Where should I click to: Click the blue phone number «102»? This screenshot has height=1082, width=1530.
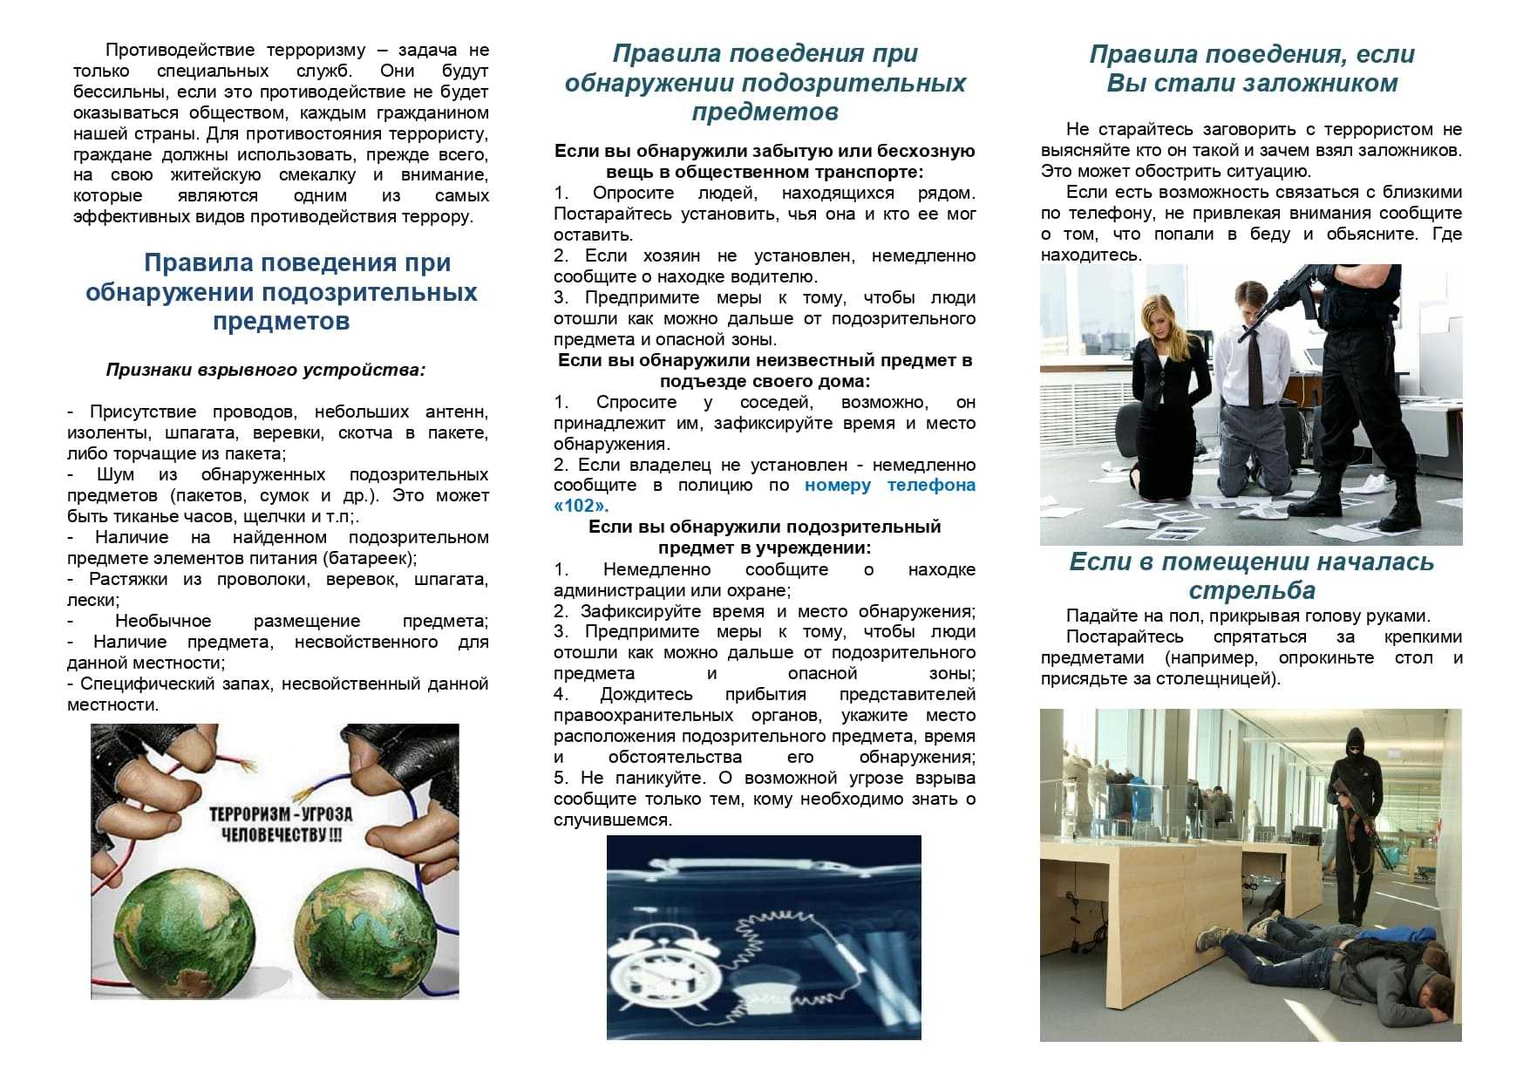point(581,506)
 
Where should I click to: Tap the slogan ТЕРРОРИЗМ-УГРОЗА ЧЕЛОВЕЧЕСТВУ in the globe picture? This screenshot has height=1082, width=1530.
point(281,824)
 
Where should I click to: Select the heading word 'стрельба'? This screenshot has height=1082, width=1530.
point(1251,590)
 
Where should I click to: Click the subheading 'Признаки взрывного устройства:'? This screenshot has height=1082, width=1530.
point(266,370)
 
